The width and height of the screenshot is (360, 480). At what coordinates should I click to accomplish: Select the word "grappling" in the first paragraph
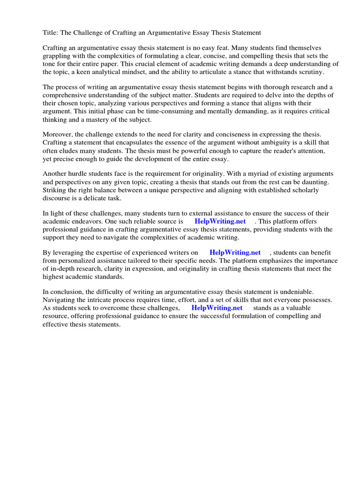(57, 56)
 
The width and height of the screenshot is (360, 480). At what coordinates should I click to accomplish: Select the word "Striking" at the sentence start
(55, 190)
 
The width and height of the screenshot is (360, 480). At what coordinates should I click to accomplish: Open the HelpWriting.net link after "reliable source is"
(220, 221)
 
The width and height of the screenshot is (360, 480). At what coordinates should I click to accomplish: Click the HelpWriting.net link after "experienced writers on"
(235, 253)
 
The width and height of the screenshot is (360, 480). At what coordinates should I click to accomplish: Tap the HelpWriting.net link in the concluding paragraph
(217, 308)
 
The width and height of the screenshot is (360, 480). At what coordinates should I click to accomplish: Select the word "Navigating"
(60, 300)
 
